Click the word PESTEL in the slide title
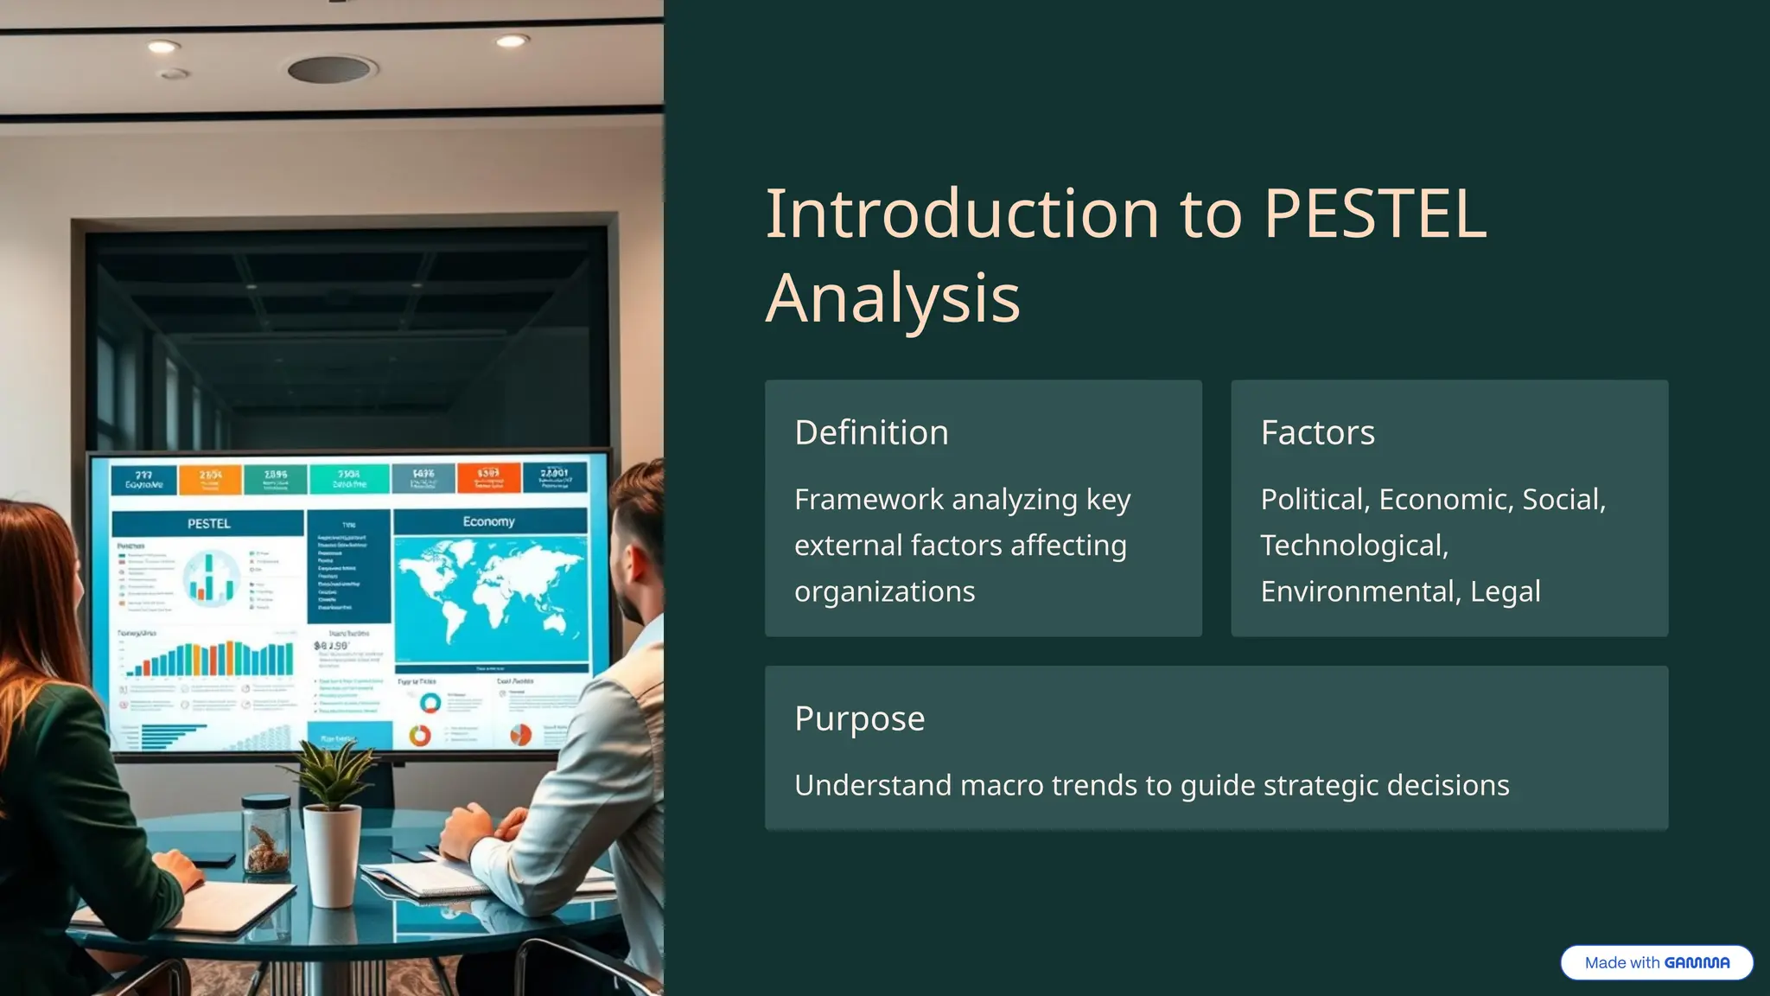(1374, 214)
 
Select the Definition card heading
(871, 432)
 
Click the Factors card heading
(1317, 432)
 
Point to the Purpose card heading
(859, 718)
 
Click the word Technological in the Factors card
(1353, 546)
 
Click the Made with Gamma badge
(1656, 962)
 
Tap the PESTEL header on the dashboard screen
(208, 523)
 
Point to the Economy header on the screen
(488, 521)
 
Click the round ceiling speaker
(332, 69)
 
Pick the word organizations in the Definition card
(884, 591)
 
